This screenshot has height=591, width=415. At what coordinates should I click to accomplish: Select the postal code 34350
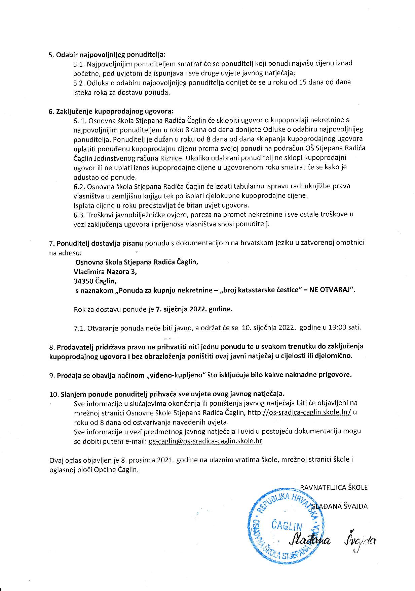84,281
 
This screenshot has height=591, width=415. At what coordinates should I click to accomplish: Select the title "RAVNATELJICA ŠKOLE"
334,488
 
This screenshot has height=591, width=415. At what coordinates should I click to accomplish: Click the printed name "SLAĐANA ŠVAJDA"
340,506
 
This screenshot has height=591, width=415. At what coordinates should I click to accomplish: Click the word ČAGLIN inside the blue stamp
287,526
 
